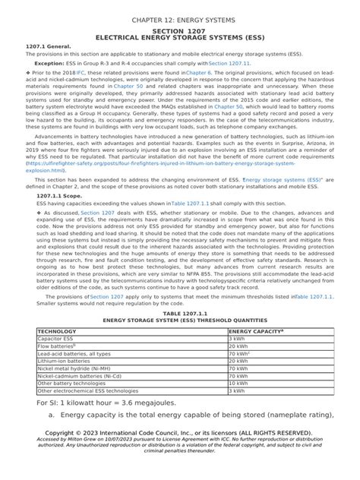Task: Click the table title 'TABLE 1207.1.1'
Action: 180,313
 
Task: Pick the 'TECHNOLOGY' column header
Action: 62,331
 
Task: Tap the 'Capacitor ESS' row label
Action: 56,339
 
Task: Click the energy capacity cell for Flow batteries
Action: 238,346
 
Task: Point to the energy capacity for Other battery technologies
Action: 238,384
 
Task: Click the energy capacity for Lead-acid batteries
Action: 240,354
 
